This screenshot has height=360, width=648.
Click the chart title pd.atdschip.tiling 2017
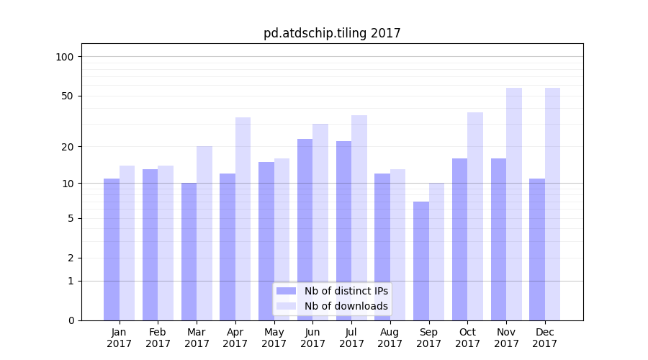[331, 33]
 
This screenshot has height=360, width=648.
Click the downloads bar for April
[243, 219]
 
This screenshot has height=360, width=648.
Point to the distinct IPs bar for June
[305, 230]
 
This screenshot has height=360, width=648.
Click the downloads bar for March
[204, 233]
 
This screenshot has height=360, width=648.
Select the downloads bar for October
[475, 216]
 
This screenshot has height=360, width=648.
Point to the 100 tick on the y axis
[69, 57]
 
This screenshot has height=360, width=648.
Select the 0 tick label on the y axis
[71, 320]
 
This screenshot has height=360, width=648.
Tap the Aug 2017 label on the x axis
[390, 338]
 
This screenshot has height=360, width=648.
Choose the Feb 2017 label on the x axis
[158, 338]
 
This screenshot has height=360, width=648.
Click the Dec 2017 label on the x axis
[545, 338]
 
